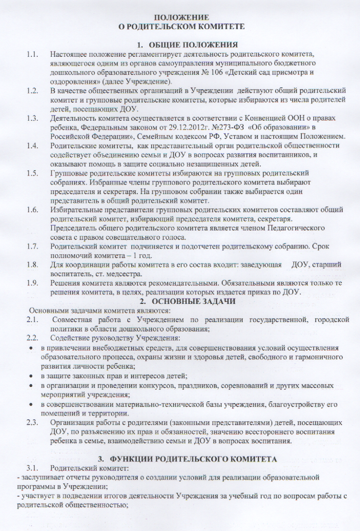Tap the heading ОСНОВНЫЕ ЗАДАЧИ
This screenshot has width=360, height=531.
click(186, 301)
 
